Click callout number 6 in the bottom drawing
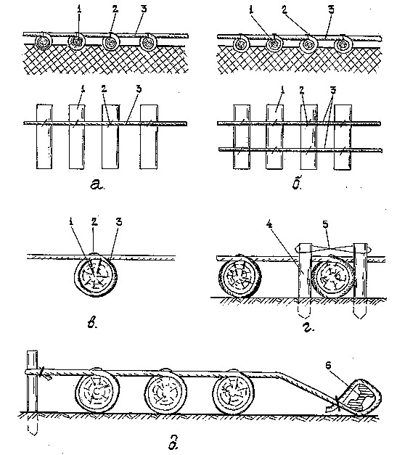(328, 365)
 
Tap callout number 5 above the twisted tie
(325, 225)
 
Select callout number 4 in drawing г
(269, 225)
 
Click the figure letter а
(97, 184)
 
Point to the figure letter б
(297, 182)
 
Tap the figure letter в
(92, 323)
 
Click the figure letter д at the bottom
(173, 444)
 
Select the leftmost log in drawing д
(97, 390)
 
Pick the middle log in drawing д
(165, 392)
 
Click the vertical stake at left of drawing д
(32, 393)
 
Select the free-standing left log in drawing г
(240, 276)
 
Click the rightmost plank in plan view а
(149, 136)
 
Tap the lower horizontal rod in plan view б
(300, 150)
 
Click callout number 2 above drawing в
(94, 222)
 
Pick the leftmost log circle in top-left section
(44, 42)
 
